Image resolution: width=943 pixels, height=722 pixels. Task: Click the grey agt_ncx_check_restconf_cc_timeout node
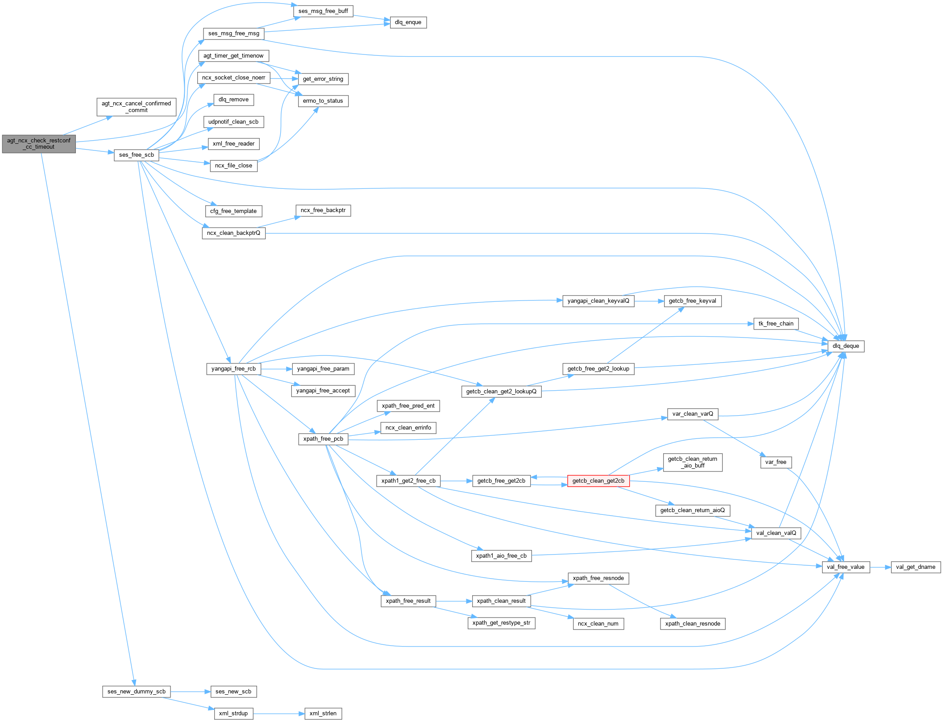39,144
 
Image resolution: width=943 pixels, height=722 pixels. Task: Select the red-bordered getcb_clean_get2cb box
598,481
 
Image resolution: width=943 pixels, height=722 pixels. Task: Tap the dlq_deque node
846,346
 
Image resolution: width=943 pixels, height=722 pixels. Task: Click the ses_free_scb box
136,155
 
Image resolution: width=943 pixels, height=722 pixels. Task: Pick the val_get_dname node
915,567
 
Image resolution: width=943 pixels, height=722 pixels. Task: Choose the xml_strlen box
323,714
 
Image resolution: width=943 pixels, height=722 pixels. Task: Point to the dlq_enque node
408,22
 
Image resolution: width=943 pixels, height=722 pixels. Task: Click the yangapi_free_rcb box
233,369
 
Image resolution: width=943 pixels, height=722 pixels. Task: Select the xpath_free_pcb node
323,439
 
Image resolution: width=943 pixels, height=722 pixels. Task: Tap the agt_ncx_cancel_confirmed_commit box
136,107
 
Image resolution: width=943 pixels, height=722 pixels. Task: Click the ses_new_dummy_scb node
136,692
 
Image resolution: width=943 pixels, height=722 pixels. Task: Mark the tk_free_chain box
776,324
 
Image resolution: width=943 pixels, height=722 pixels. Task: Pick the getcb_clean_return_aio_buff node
692,462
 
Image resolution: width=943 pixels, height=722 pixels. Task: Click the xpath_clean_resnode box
692,624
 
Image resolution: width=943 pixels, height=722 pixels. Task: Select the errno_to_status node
323,101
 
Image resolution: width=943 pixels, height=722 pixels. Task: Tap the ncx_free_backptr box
323,210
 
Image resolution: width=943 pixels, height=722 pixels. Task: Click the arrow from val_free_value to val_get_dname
880,567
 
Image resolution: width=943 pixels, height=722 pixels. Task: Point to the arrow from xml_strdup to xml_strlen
279,714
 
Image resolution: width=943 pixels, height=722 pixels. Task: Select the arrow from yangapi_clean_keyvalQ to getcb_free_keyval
649,301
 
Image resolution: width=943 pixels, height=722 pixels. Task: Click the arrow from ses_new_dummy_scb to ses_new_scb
190,692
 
